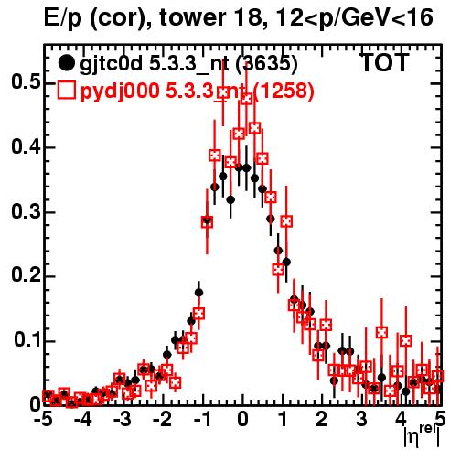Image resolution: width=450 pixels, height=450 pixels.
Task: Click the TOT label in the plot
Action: (385, 63)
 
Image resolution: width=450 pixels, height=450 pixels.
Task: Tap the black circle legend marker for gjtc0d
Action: (66, 63)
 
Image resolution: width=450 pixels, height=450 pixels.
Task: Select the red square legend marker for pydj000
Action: (66, 91)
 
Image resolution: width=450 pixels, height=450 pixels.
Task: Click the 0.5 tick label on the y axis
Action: (26, 82)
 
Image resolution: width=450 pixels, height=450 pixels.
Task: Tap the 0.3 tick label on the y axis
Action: (26, 211)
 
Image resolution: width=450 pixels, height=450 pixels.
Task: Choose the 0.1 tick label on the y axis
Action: (27, 340)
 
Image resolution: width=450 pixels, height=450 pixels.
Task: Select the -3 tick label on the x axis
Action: (123, 420)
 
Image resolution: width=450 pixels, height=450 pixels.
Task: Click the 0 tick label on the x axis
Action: (242, 420)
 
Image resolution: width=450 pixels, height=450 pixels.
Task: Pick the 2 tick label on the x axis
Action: (322, 420)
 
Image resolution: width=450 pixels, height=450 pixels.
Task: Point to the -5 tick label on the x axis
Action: (43, 420)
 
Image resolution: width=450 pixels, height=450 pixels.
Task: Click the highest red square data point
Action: (223, 92)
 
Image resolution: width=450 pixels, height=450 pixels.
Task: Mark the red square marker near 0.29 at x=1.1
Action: (286, 221)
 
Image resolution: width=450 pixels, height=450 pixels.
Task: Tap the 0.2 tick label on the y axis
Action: (26, 275)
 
